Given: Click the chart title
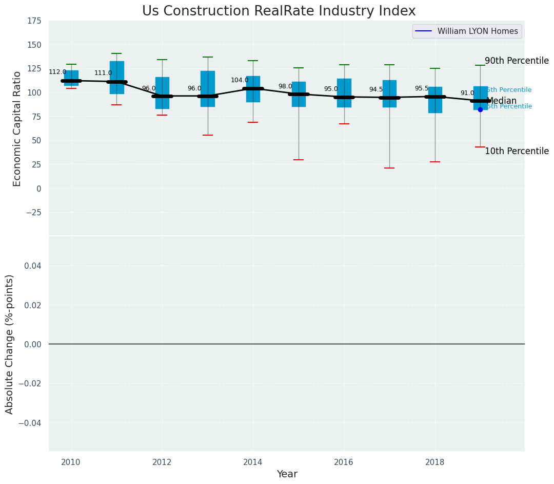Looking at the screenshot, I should [279, 11].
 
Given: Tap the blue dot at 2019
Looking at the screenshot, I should [480, 109].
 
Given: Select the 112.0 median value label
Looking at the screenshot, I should [57, 72].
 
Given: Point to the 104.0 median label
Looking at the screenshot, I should [240, 80].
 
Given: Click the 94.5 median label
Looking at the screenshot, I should [376, 89].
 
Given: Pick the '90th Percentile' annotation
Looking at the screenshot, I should [517, 61].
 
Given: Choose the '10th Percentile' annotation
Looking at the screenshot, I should [517, 151].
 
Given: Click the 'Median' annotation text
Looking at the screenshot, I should [501, 101].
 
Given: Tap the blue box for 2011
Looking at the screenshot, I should [116, 77].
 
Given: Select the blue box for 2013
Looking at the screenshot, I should [208, 88].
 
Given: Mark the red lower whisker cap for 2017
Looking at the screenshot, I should [389, 168].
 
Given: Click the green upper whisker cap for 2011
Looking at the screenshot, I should [116, 53].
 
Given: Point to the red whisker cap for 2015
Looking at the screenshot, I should [299, 160].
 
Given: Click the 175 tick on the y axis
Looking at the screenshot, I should [34, 21].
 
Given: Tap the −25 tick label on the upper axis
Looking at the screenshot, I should [33, 213].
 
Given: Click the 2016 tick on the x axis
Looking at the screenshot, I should [344, 462].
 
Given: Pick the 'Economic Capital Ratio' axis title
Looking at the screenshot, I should [17, 128].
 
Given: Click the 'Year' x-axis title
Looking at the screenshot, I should [287, 474].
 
